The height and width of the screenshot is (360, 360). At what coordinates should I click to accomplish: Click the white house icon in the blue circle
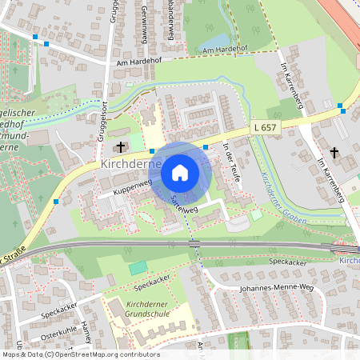click(180, 172)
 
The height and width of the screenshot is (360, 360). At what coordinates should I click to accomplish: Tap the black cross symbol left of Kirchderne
click(122, 147)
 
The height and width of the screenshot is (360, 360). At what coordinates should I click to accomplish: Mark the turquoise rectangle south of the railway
click(138, 267)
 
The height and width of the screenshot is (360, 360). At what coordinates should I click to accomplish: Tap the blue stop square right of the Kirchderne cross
click(152, 150)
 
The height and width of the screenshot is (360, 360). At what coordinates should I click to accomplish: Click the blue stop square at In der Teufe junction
click(206, 147)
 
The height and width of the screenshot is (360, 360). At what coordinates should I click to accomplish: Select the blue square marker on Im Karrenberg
click(341, 106)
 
